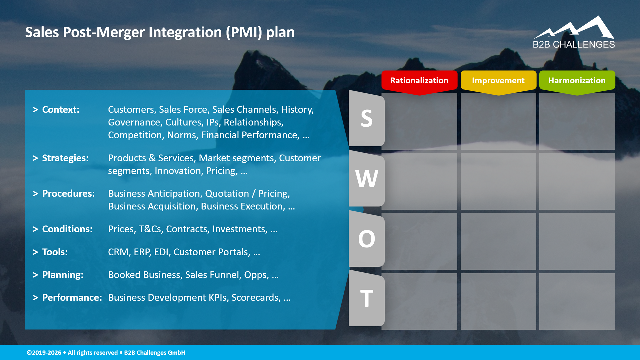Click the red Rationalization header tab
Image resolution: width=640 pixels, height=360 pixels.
pyautogui.click(x=419, y=81)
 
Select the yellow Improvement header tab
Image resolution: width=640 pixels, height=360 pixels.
pyautogui.click(x=498, y=81)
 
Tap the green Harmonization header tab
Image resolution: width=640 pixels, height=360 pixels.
pyautogui.click(x=577, y=81)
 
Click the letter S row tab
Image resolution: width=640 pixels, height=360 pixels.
pyautogui.click(x=366, y=119)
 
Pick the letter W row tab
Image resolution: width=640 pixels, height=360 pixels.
pyautogui.click(x=366, y=179)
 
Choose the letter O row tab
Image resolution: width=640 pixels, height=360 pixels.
pyautogui.click(x=366, y=239)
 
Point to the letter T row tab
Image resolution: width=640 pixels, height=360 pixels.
pyautogui.click(x=366, y=299)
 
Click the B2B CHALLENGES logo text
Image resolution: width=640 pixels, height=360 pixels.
pyautogui.click(x=573, y=45)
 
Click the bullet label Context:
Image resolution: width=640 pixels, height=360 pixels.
pyautogui.click(x=61, y=110)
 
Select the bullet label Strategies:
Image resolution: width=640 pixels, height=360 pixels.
pyautogui.click(x=65, y=158)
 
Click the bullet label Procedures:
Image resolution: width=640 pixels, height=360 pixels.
pyautogui.click(x=68, y=194)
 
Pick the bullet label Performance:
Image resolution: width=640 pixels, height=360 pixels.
pyautogui.click(x=72, y=298)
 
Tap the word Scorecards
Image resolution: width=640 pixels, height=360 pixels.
pyautogui.click(x=256, y=298)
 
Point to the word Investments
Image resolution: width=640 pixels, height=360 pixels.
pyautogui.click(x=240, y=229)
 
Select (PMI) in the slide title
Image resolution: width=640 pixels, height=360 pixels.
pyautogui.click(x=244, y=32)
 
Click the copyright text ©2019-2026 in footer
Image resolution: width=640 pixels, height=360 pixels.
pyautogui.click(x=44, y=353)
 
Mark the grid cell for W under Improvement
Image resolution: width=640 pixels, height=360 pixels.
pyautogui.click(x=498, y=181)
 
